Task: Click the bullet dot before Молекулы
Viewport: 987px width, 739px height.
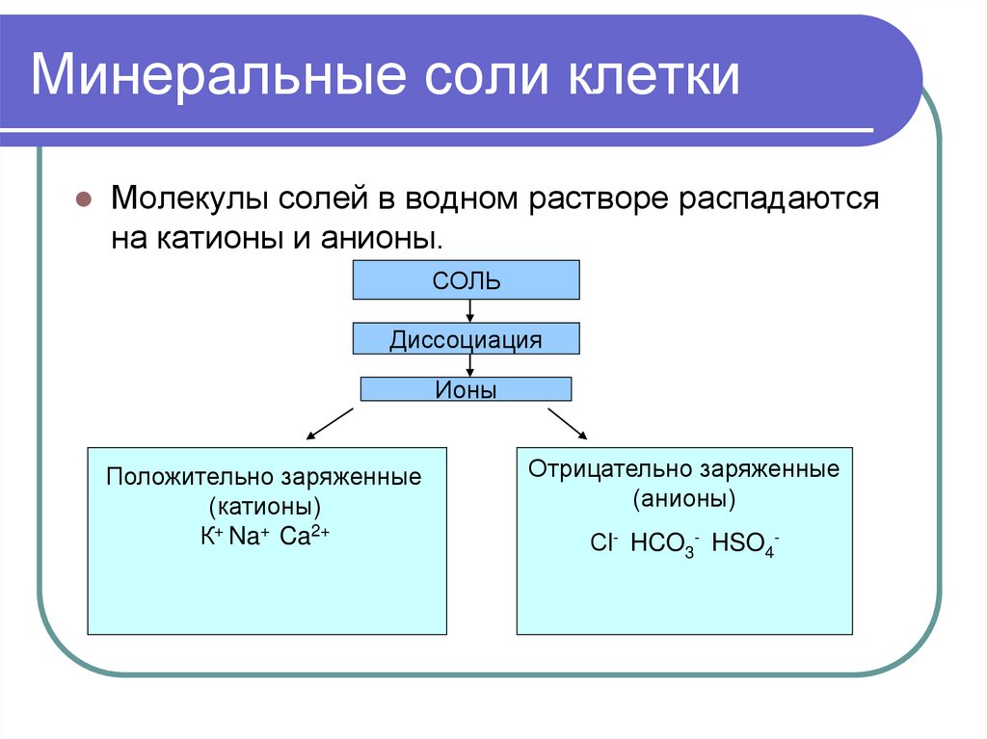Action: (x=84, y=201)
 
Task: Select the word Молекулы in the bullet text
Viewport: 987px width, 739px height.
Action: (x=189, y=200)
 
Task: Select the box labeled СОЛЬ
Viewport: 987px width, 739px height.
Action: (x=467, y=280)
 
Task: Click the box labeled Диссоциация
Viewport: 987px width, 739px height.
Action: (x=467, y=339)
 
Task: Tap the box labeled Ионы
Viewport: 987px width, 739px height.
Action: (x=467, y=389)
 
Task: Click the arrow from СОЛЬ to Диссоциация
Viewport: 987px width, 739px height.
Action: (x=469, y=311)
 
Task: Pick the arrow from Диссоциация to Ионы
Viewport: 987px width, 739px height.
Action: (x=469, y=364)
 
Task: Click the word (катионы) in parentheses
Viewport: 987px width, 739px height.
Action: (x=265, y=507)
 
